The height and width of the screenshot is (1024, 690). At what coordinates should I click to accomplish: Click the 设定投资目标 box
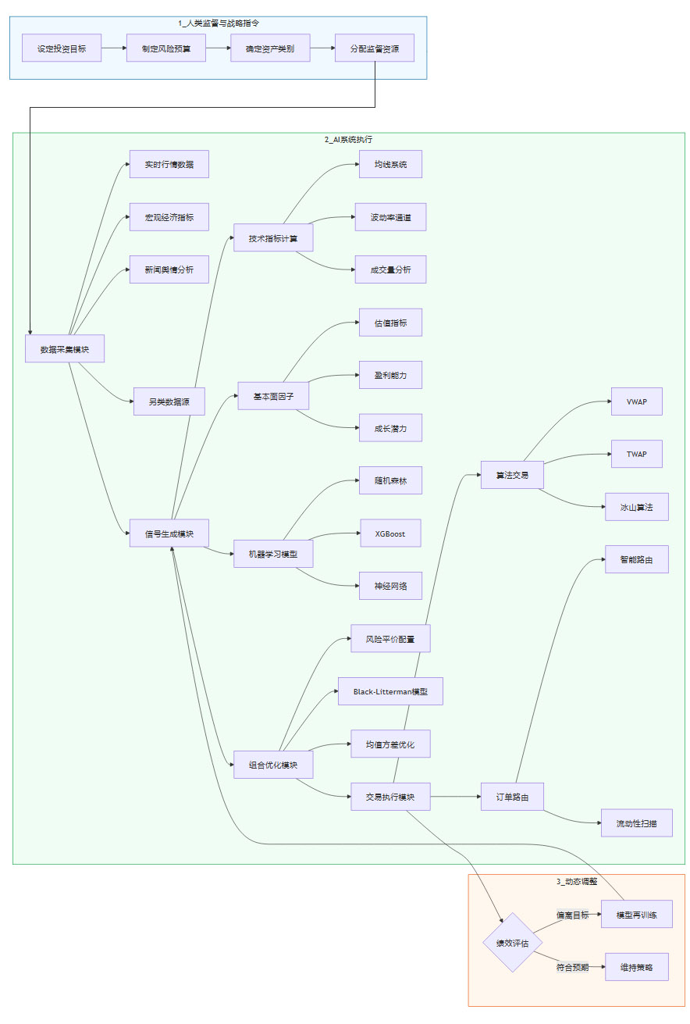click(x=62, y=48)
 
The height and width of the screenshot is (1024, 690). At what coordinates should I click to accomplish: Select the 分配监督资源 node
click(x=375, y=48)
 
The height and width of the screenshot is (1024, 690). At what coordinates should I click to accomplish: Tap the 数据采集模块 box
click(x=65, y=349)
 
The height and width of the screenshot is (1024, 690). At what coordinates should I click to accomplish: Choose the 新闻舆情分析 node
click(x=169, y=269)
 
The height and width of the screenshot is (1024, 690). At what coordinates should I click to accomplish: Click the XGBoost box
click(x=390, y=533)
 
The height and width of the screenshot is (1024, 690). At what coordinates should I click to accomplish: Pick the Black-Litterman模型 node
click(x=390, y=691)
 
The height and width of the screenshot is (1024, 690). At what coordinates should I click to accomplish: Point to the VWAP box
click(x=637, y=401)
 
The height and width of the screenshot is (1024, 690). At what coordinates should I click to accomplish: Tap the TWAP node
click(x=637, y=454)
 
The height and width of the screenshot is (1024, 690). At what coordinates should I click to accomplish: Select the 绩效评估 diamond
click(x=513, y=942)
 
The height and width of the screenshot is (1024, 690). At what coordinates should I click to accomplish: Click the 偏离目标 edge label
click(x=572, y=914)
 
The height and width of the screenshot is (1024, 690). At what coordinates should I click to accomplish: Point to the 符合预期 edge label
click(x=572, y=967)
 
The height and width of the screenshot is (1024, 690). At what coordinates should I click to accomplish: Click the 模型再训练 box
click(x=636, y=914)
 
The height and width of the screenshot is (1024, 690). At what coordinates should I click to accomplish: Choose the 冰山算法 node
click(x=636, y=507)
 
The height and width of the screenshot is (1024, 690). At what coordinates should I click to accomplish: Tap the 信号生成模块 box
click(x=169, y=533)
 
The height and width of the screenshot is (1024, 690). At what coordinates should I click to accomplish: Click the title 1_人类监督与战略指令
click(x=219, y=23)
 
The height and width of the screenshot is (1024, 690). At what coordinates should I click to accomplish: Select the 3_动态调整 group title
click(x=577, y=881)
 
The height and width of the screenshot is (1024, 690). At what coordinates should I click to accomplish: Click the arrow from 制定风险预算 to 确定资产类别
click(x=218, y=48)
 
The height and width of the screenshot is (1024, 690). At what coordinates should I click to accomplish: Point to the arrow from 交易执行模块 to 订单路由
click(x=456, y=797)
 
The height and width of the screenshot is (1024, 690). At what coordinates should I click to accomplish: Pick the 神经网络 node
click(x=390, y=586)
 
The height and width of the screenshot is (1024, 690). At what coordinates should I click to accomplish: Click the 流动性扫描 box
click(x=636, y=823)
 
